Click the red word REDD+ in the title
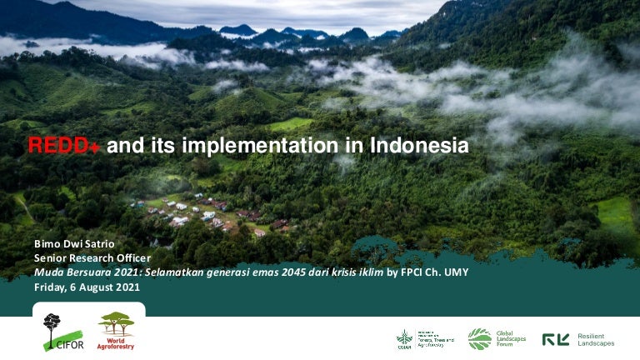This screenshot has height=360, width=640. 64,146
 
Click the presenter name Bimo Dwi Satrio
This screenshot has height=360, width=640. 72,243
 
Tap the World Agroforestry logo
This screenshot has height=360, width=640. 116,330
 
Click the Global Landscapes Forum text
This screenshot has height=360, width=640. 512,338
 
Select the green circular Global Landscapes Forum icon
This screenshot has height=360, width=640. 479,338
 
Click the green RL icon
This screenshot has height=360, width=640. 556,339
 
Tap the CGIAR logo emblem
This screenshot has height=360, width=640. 404,338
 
